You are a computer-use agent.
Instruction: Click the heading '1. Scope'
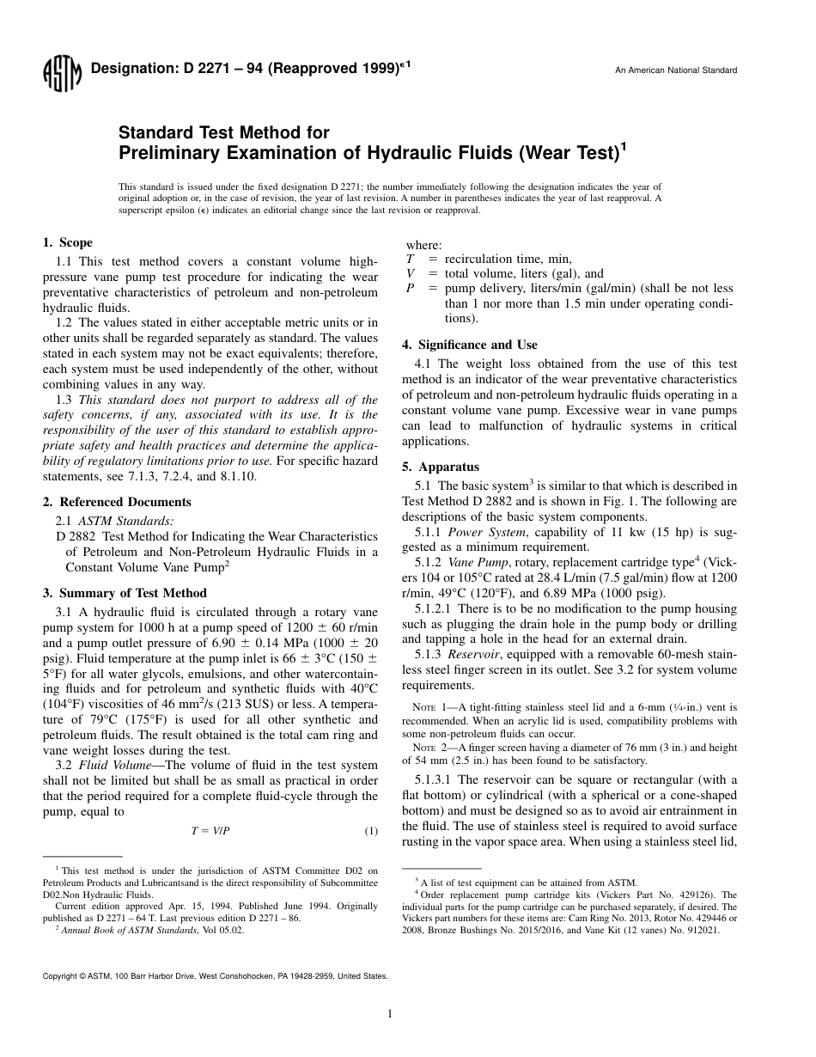(x=68, y=242)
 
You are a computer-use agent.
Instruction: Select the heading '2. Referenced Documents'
(x=117, y=502)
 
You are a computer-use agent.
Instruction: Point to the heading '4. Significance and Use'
(x=470, y=345)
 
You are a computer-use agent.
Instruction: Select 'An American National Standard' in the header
(x=675, y=70)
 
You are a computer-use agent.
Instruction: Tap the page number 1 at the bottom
(x=390, y=1014)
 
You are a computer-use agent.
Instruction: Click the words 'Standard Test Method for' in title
(x=223, y=133)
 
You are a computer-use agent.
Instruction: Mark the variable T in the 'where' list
(x=410, y=259)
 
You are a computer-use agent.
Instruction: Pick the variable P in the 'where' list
(x=410, y=289)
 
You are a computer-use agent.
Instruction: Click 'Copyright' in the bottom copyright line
(x=60, y=976)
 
